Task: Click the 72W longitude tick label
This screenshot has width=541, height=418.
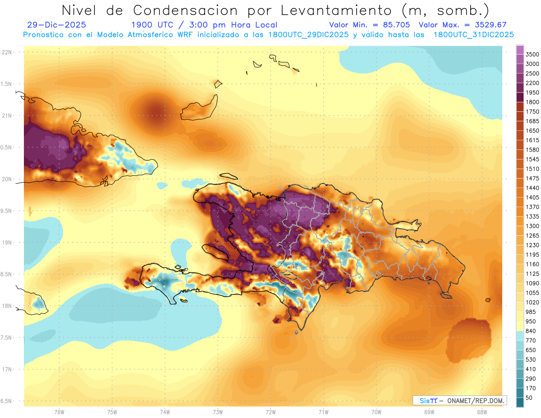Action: (270, 412)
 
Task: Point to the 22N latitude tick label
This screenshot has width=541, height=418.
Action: (7, 52)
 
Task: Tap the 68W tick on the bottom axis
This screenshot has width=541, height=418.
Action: (481, 412)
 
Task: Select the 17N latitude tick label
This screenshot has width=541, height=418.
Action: (7, 369)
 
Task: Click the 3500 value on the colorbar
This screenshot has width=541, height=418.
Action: (532, 55)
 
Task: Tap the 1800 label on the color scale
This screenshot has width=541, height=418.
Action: (532, 102)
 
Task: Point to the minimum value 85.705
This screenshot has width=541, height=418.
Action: (395, 25)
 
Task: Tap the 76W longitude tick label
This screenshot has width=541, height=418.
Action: (59, 412)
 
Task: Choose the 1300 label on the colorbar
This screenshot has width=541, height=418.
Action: (532, 226)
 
